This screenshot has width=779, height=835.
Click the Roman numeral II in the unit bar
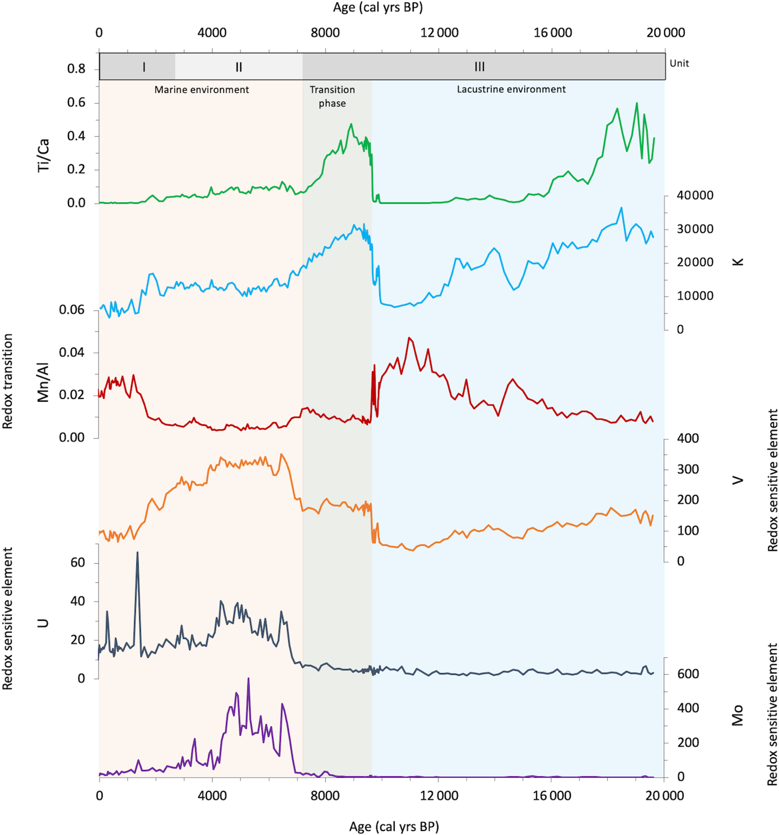tap(239, 67)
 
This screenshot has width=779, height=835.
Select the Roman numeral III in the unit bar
tap(479, 67)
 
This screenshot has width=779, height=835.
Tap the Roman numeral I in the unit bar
tap(144, 67)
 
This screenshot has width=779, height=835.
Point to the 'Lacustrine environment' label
tap(511, 89)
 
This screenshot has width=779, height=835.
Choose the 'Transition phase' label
tap(332, 96)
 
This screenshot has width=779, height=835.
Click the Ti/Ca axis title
tap(43, 155)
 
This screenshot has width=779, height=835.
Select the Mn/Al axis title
tap(43, 382)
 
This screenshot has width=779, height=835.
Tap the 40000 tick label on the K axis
tap(695, 196)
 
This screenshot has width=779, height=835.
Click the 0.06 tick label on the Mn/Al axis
tap(72, 310)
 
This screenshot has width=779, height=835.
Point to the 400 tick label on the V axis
tap(688, 439)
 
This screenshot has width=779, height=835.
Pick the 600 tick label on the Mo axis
tap(688, 674)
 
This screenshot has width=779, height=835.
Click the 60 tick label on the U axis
tap(78, 563)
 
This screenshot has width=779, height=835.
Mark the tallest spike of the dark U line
tap(137, 553)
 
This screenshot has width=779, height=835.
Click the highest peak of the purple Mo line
tap(248, 678)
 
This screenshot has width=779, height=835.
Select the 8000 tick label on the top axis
tap(325, 33)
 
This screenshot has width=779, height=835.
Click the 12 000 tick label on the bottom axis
tap(439, 796)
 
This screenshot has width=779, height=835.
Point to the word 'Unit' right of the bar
tap(679, 63)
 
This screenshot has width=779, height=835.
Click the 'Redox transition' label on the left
tap(8, 381)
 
